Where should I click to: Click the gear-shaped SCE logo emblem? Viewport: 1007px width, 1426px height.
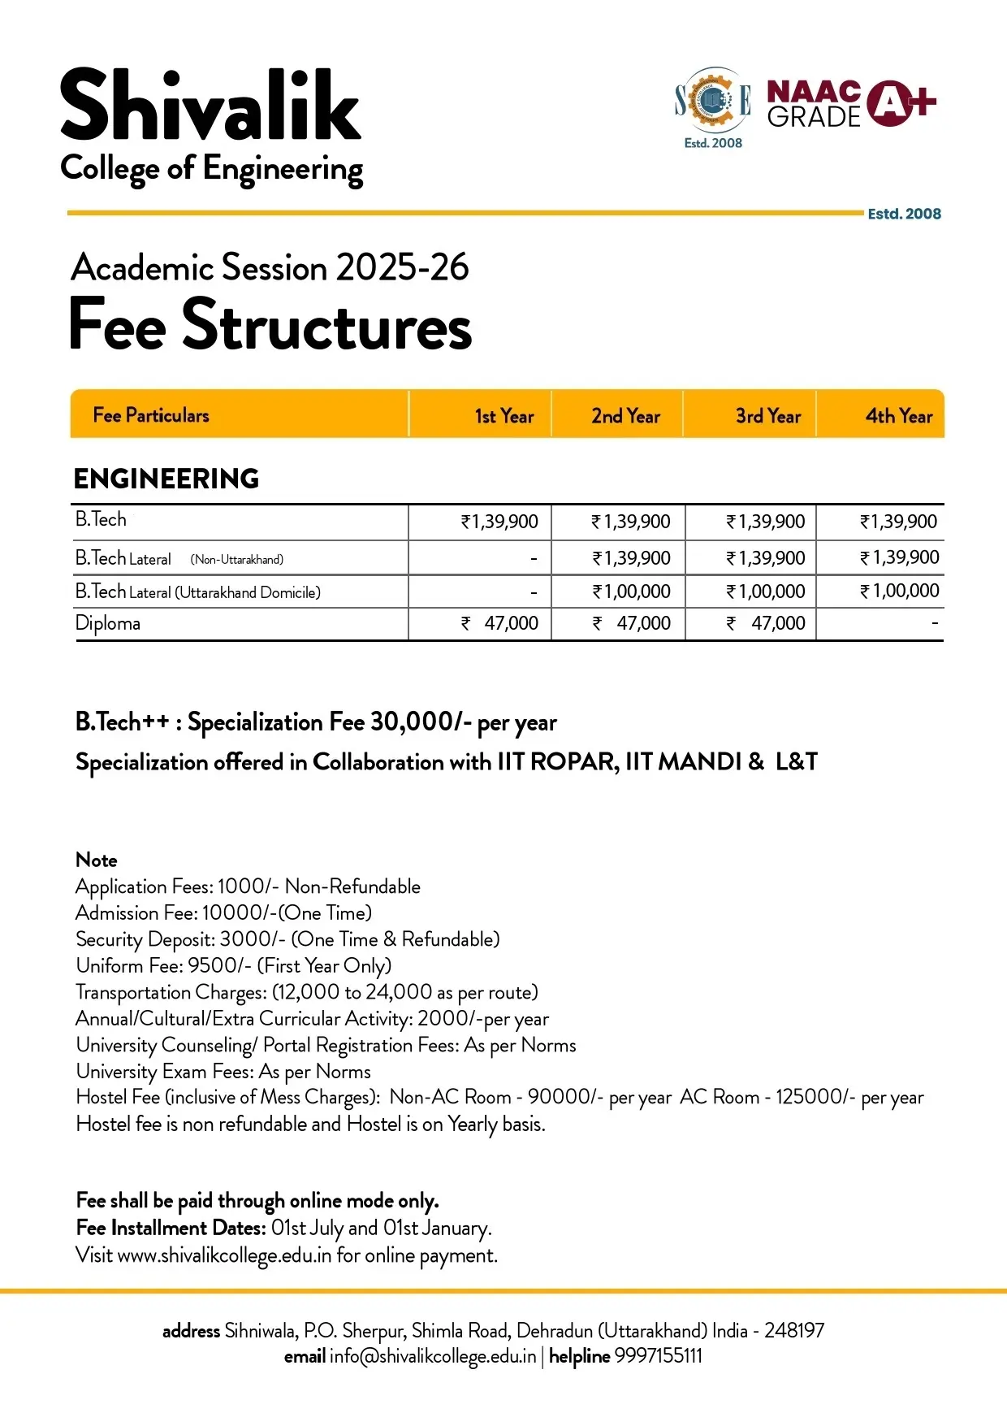(x=712, y=101)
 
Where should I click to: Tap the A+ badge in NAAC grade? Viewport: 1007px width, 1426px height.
(x=901, y=102)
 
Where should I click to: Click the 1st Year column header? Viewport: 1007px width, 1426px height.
(x=503, y=416)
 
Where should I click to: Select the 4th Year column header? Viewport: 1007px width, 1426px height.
(x=898, y=416)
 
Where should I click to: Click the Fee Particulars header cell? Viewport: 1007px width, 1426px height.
(x=151, y=415)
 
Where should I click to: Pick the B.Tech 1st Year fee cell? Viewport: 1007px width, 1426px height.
(x=499, y=522)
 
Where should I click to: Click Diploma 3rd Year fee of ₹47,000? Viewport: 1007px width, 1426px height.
(x=766, y=623)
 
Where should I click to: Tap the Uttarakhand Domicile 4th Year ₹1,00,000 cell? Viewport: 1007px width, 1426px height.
(x=899, y=591)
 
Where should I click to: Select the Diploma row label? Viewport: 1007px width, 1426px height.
(x=108, y=623)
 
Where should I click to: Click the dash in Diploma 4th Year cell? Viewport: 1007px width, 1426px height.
(x=935, y=623)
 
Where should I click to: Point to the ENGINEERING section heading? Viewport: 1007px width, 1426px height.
(x=166, y=479)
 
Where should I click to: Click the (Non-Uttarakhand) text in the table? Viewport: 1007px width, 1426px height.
(x=237, y=559)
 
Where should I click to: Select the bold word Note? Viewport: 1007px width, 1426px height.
(x=97, y=860)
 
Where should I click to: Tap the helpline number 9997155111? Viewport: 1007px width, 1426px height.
(x=658, y=1356)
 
